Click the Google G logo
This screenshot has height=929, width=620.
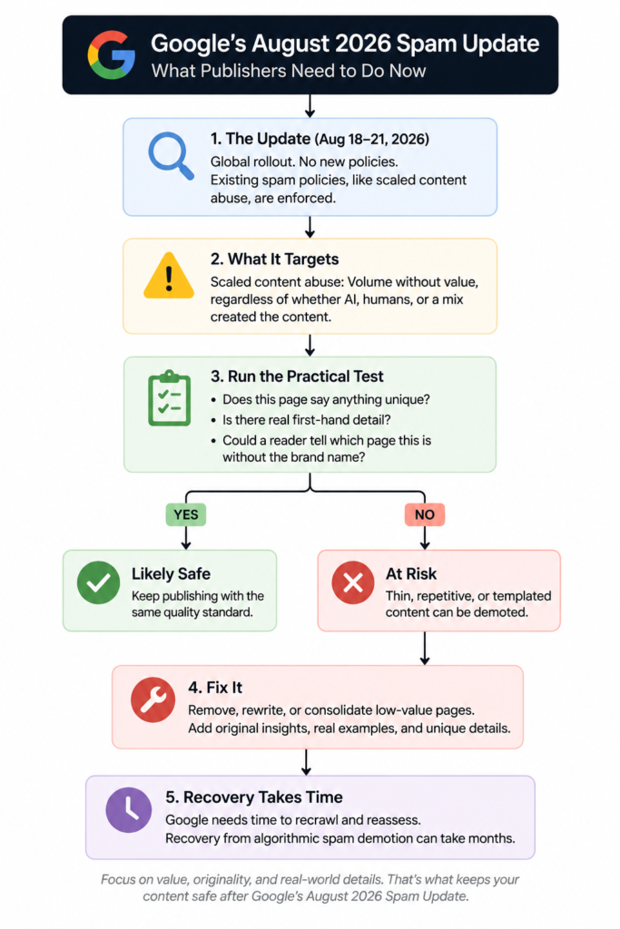point(111,55)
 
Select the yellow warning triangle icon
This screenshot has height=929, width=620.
point(169,276)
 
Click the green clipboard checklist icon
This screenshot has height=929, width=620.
point(170,398)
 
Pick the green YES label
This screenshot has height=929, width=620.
point(186,514)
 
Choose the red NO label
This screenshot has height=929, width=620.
point(425,514)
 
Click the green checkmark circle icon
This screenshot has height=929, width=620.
point(98,582)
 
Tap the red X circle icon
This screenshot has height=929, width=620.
point(353,582)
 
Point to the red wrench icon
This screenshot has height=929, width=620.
point(153,699)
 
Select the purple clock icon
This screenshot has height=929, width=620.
point(129,810)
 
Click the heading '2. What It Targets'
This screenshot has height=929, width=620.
point(274,259)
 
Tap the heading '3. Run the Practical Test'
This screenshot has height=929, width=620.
point(297,376)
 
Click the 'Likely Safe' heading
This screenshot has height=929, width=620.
point(171,574)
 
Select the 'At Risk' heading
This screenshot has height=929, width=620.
point(411,574)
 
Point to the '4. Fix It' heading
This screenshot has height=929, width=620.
point(215,688)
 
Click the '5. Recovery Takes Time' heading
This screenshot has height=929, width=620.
point(253,797)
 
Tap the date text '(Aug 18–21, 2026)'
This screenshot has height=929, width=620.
point(371,139)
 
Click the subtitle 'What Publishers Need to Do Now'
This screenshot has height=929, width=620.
point(289,71)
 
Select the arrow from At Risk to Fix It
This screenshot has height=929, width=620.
point(425,648)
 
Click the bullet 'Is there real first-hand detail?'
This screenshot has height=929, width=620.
point(307,420)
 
